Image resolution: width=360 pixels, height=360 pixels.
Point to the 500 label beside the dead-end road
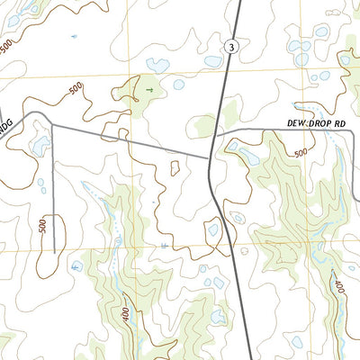42,227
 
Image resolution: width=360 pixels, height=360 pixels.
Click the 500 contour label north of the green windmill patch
76,89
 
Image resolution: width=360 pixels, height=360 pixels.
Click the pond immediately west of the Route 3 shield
212,62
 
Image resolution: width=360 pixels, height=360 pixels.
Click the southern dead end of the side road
53,252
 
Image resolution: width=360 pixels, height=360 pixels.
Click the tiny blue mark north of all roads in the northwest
73,36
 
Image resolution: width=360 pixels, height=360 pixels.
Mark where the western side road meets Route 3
210,159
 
